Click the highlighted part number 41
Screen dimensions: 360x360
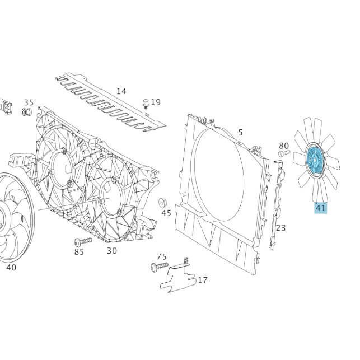tap(320, 208)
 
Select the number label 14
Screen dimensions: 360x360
tap(121, 91)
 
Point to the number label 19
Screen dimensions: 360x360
tap(156, 102)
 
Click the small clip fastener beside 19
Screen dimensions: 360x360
tap(146, 103)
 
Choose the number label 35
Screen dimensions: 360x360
tap(29, 102)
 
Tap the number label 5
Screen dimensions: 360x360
tap(240, 133)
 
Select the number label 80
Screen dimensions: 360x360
tap(284, 146)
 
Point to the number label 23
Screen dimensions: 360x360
tap(280, 228)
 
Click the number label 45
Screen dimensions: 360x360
tap(166, 213)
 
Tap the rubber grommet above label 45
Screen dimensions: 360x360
tap(164, 202)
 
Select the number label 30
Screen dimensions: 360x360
tap(112, 250)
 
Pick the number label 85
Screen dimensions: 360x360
tap(79, 252)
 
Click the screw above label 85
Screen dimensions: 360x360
tap(82, 241)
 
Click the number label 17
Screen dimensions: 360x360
tap(202, 280)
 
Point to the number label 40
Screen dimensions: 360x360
tap(11, 268)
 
